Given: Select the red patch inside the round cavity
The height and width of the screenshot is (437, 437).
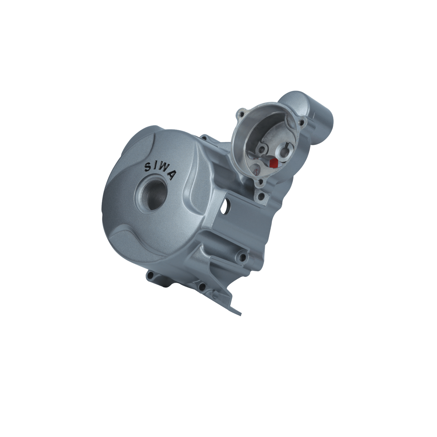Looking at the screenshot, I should [x=273, y=163].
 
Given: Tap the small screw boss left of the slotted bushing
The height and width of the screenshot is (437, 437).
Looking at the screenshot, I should [x=263, y=149].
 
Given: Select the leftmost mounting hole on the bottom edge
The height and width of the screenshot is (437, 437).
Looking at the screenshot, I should [x=151, y=274].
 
